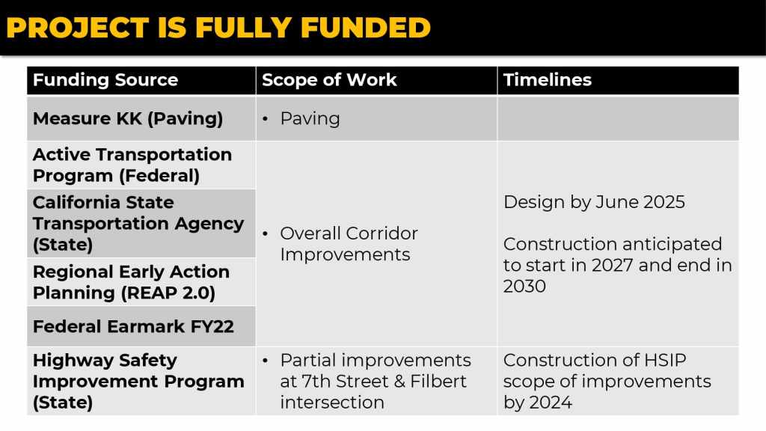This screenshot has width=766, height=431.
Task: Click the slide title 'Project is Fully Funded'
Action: (x=218, y=28)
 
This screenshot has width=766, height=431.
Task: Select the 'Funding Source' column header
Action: (x=105, y=79)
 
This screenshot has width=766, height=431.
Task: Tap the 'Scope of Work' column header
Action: (x=329, y=79)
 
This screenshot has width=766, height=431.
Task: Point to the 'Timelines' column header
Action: (x=547, y=79)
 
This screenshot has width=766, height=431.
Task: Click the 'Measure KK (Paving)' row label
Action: (x=128, y=119)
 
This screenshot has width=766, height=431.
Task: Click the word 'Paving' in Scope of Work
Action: (x=310, y=119)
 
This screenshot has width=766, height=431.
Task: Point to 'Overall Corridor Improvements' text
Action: (x=349, y=244)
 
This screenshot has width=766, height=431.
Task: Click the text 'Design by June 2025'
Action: (x=594, y=202)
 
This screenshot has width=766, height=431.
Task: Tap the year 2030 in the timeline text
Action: (x=524, y=287)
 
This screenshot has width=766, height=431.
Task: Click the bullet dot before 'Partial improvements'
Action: (x=266, y=361)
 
